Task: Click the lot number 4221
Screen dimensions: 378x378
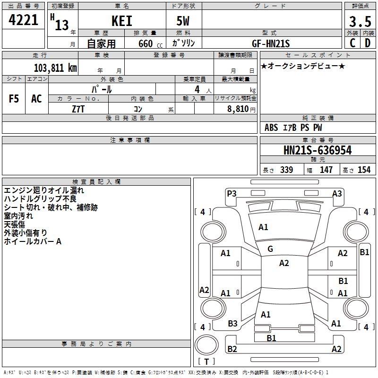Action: tap(24, 20)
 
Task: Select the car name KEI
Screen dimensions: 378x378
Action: tap(121, 21)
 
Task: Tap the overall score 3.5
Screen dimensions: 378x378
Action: tap(359, 21)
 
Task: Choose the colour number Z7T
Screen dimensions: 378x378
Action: tap(78, 108)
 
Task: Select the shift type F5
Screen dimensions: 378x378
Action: tap(14, 99)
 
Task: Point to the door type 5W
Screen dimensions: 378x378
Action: tap(184, 21)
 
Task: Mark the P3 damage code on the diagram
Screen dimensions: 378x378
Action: tap(232, 193)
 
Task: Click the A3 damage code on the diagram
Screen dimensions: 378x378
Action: tap(337, 193)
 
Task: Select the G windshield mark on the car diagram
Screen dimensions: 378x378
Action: tap(270, 249)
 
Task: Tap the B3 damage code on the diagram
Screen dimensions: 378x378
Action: tap(232, 323)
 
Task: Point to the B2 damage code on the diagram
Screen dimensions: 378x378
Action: tap(232, 349)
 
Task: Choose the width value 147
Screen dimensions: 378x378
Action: tap(326, 170)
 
